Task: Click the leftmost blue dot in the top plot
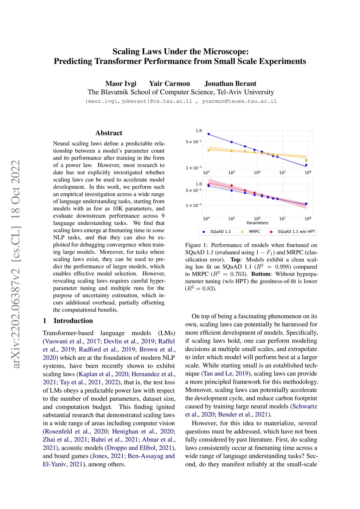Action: click(208, 134)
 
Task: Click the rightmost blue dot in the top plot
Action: click(306, 165)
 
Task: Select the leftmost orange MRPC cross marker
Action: click(208, 150)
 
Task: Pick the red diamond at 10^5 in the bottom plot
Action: click(231, 186)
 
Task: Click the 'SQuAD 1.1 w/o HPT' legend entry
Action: click(296, 232)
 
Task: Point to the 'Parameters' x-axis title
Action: click(257, 223)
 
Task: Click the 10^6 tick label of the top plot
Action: click(257, 173)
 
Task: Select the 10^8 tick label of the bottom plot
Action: click(308, 219)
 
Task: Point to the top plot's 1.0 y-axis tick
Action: click(199, 131)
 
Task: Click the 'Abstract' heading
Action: click(109, 133)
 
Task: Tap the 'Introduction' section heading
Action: click(73, 321)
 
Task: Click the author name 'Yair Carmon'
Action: click(169, 84)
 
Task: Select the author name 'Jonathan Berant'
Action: click(230, 84)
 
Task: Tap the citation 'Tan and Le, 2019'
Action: click(217, 373)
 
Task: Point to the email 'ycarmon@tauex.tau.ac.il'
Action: click(239, 101)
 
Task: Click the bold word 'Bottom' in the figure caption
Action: click(261, 274)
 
